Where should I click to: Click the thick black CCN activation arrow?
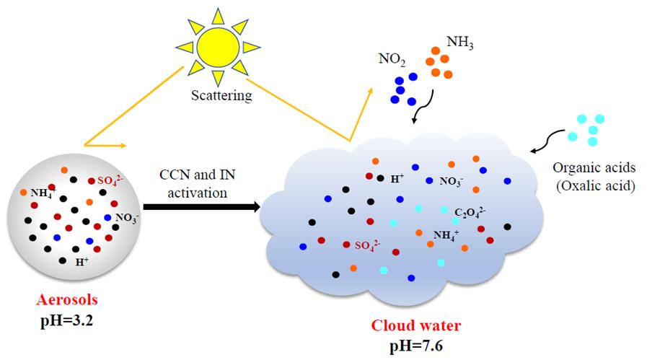tap(202, 207)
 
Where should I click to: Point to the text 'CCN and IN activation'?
tap(195, 185)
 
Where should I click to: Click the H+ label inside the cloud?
tap(397, 177)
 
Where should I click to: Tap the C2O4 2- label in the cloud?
tap(470, 212)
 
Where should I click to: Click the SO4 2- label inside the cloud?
tap(368, 244)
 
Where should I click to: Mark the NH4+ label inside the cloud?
tap(446, 234)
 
